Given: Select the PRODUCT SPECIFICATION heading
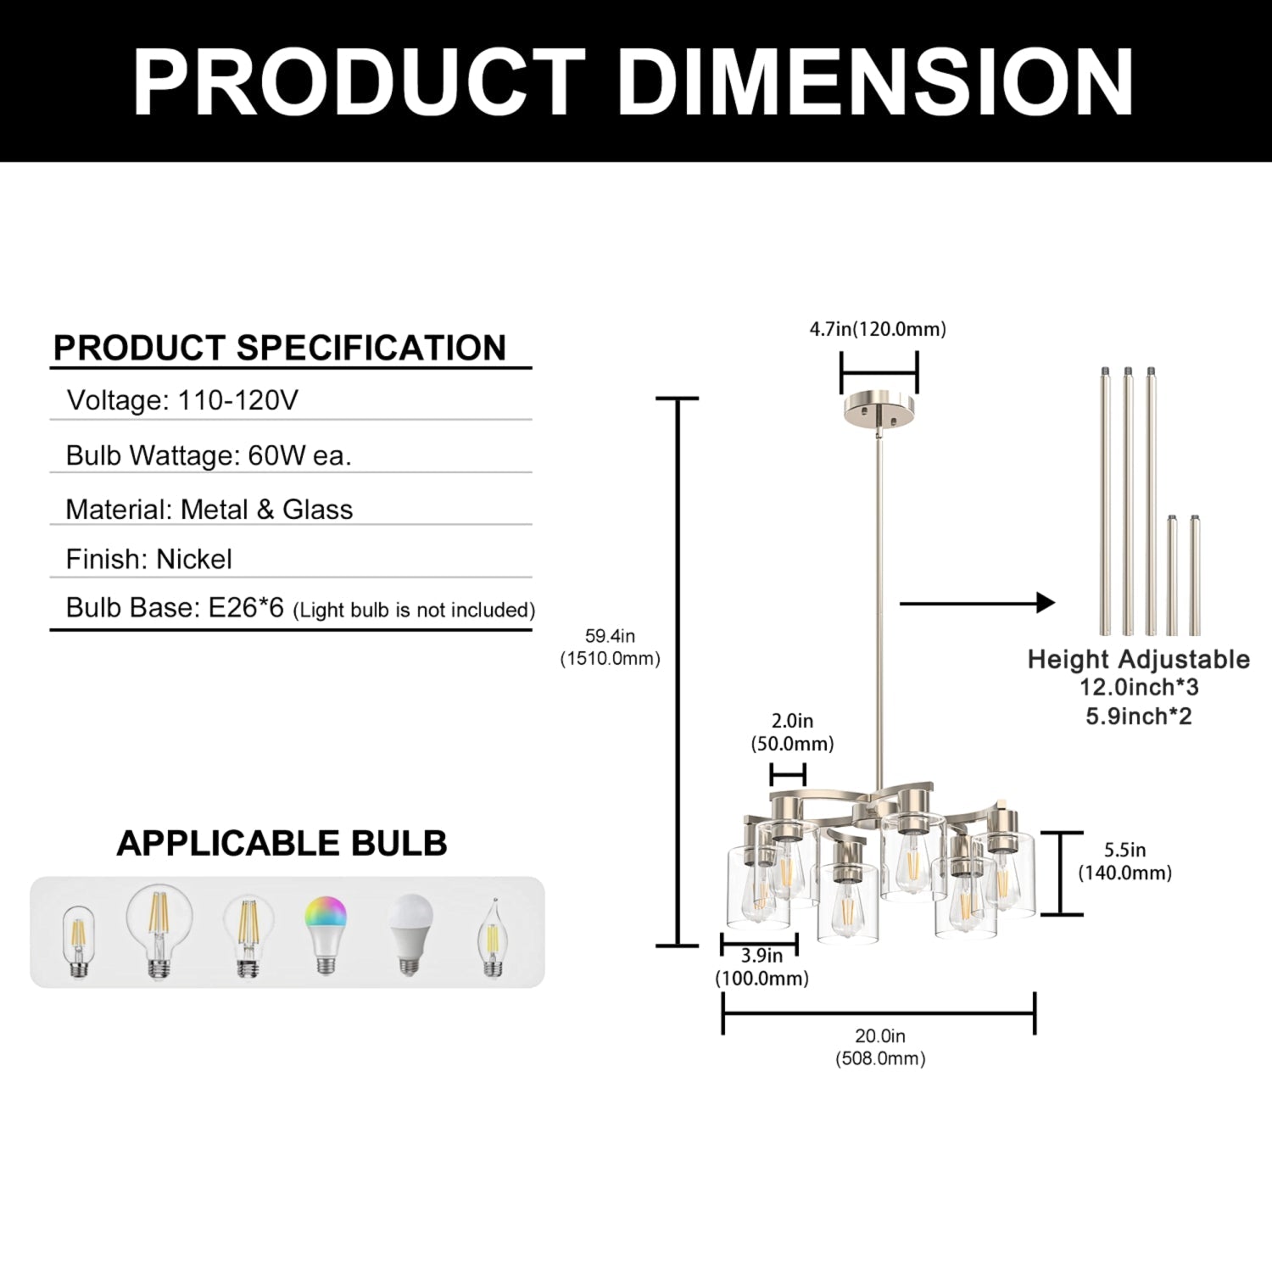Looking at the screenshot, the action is pos(280,348).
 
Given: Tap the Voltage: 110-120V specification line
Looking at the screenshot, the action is pos(182,399).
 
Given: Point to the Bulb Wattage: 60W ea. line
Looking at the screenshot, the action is pos(209,455).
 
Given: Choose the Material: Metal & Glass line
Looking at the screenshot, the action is pos(209,509).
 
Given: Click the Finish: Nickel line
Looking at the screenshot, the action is pos(149,559).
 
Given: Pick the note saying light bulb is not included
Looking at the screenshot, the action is pos(414,610).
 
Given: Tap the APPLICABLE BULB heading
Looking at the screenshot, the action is pos(282,843).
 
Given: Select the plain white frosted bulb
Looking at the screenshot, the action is pos(410,936).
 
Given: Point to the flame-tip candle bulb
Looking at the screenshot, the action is pos(492,938).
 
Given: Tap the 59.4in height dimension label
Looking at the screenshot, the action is pos(610,647).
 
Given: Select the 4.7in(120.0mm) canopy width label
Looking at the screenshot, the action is pos(878,329).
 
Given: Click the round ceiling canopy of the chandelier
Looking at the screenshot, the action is pos(879,410).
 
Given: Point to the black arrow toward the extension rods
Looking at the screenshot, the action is pos(977,603).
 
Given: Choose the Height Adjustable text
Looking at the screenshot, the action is pos(1139,659).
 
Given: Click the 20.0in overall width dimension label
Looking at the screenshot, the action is pos(880,1047).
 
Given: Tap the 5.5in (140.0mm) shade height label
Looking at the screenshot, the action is pos(1125,862).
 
